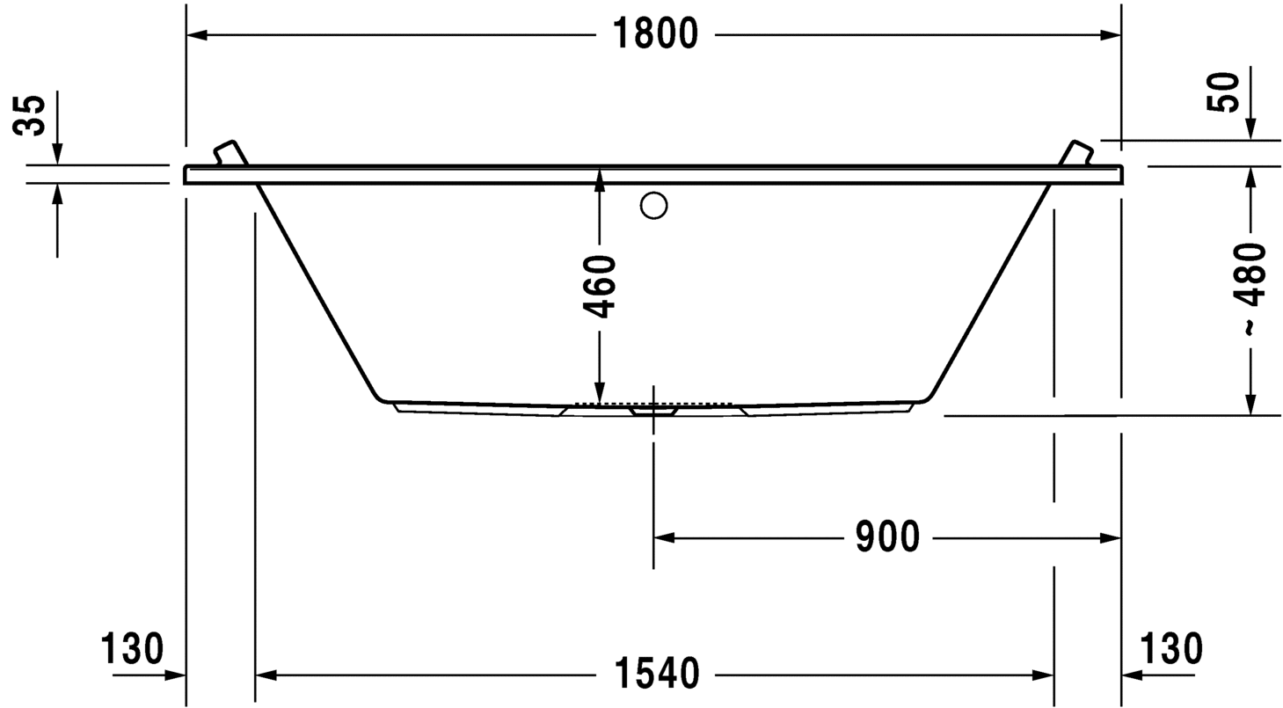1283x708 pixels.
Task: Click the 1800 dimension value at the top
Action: tap(654, 35)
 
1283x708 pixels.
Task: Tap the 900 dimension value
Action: tap(886, 537)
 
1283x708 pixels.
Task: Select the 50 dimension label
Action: tap(1223, 92)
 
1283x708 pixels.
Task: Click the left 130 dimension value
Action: tap(132, 649)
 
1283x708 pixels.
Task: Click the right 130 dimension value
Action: tap(1170, 649)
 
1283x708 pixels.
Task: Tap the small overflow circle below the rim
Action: tap(653, 206)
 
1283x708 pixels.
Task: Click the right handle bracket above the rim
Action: tap(1076, 152)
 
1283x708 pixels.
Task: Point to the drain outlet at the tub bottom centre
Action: tap(652, 410)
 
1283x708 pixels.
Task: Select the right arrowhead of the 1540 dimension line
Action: tap(1044, 675)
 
